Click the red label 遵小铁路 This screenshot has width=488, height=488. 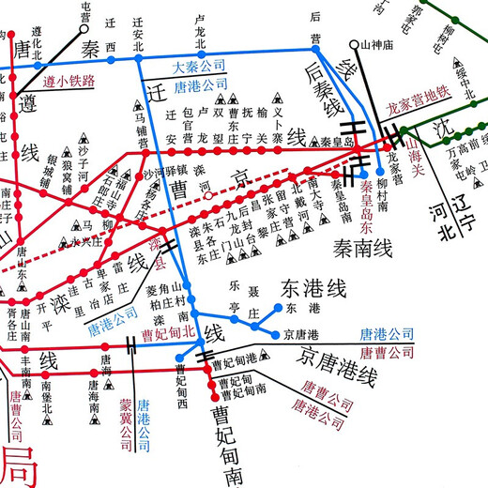click(x=69, y=80)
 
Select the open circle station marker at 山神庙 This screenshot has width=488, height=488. click(x=354, y=44)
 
